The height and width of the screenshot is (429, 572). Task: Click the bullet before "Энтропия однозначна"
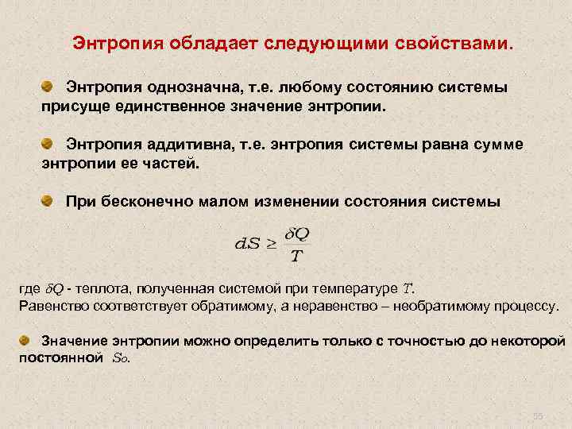(x=48, y=85)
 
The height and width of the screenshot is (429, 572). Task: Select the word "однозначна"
(x=184, y=86)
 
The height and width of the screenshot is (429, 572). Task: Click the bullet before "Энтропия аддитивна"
(x=48, y=143)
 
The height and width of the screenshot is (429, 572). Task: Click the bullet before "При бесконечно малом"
(x=48, y=201)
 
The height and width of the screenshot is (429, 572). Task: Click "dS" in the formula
(x=247, y=244)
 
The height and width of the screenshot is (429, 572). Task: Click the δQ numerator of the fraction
(x=296, y=234)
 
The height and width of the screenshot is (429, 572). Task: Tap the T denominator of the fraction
(x=296, y=256)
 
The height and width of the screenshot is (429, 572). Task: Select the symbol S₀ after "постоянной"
(x=119, y=357)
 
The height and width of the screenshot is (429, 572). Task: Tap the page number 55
(x=537, y=415)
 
